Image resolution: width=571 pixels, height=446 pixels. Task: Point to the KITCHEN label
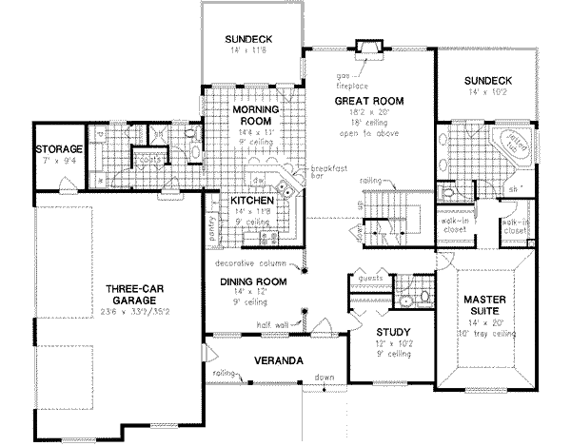(252, 203)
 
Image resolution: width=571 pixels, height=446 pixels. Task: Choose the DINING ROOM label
(252, 281)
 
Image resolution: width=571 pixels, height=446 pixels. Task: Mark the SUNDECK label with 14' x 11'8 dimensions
(248, 39)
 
